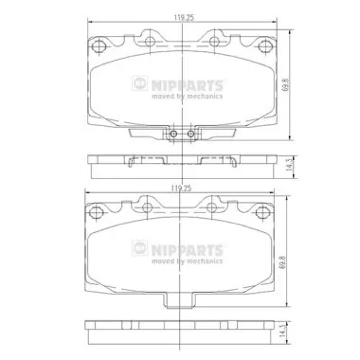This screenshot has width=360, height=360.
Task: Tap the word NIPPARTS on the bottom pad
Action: click(188, 249)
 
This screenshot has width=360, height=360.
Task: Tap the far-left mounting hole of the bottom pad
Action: click(99, 211)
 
